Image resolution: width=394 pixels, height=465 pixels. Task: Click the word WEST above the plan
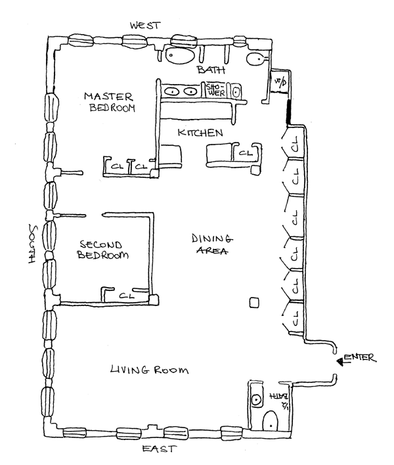click(145, 25)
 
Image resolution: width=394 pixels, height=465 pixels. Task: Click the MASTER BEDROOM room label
click(109, 102)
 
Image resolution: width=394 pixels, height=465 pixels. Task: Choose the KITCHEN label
click(200, 133)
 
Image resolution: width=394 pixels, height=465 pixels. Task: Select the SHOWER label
click(216, 91)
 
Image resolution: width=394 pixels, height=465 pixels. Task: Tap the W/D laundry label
click(280, 82)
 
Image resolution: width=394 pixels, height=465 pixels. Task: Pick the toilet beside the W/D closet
click(256, 58)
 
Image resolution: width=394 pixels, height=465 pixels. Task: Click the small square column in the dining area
click(253, 303)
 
